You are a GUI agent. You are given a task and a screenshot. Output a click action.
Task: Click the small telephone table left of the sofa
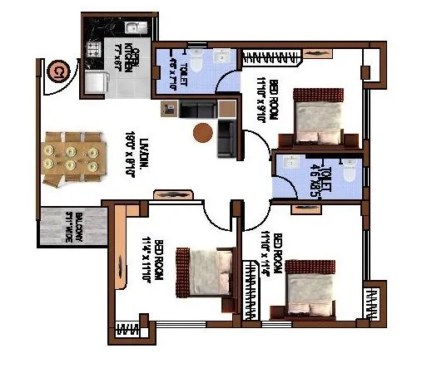(x=168, y=108)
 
